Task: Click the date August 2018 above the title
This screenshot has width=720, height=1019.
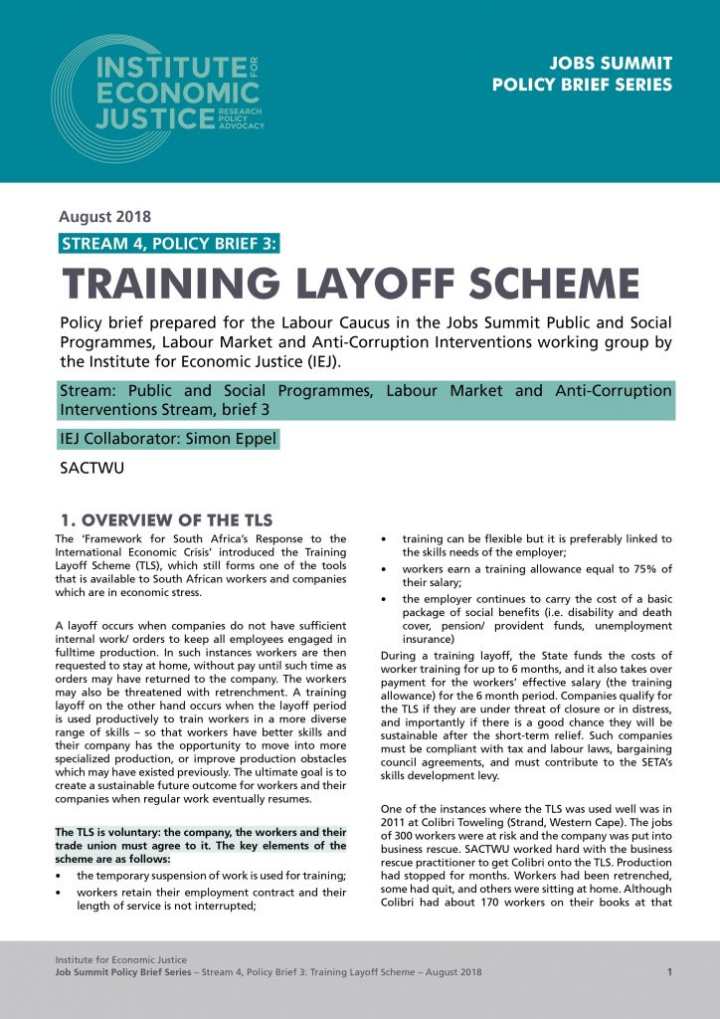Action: click(x=104, y=217)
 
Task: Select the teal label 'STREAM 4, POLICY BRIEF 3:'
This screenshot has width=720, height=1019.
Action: click(x=169, y=245)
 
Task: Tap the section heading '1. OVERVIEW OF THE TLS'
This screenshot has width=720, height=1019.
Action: click(x=167, y=520)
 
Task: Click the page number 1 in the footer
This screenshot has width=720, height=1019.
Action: click(x=669, y=971)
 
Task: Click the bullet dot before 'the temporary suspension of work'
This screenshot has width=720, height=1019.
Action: click(x=63, y=875)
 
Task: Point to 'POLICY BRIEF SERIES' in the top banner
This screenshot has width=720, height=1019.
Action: click(x=582, y=85)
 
